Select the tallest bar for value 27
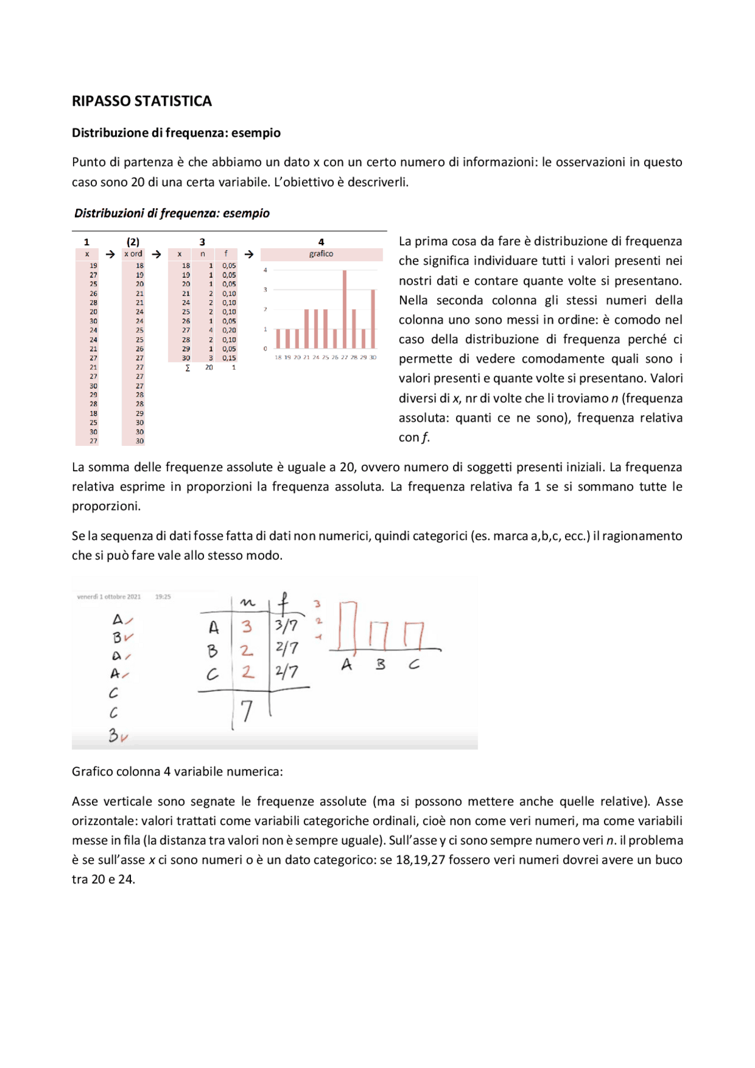click(344, 309)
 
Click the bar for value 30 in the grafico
click(373, 318)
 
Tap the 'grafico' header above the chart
click(321, 254)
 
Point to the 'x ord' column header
click(133, 254)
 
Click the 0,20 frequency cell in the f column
click(229, 330)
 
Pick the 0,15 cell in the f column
click(229, 358)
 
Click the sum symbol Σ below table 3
click(188, 367)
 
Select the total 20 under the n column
click(209, 367)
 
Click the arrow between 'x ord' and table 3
click(156, 254)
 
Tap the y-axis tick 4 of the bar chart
click(265, 270)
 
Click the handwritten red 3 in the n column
click(247, 626)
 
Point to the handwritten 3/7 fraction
click(287, 625)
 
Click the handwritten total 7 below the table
click(247, 711)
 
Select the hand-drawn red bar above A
click(348, 625)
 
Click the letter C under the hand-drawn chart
click(414, 665)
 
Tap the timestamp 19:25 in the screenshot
click(163, 597)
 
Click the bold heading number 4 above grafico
click(321, 242)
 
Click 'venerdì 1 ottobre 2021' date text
click(109, 597)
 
